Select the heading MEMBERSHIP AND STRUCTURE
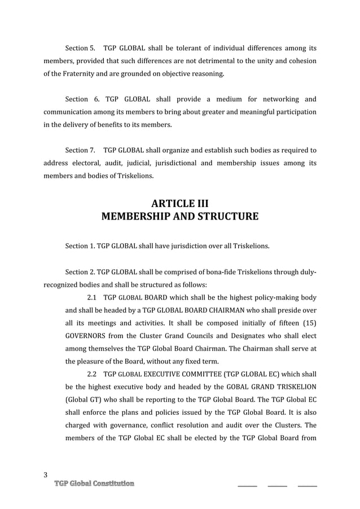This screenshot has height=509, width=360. coord(179,217)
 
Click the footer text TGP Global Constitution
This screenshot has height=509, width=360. coord(94,484)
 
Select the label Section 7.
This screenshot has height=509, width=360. coord(80,151)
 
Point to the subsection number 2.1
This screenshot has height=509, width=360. coord(93,297)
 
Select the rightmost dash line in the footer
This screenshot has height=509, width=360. coord(307,485)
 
